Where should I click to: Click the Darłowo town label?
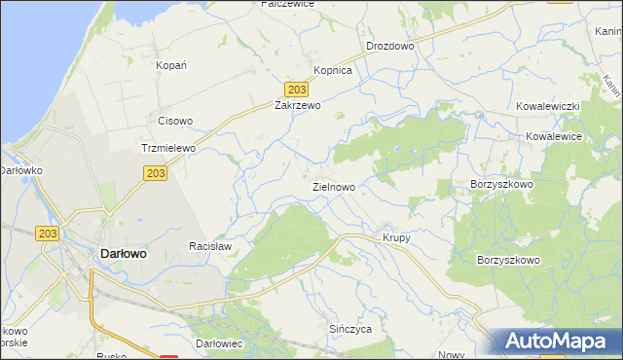click(x=124, y=253)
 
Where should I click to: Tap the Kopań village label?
click(x=171, y=65)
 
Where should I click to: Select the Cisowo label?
click(x=175, y=122)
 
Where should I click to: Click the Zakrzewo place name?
click(x=297, y=104)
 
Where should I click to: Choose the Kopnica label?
click(x=332, y=71)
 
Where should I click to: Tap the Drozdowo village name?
click(x=390, y=46)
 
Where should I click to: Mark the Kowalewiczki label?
click(x=548, y=104)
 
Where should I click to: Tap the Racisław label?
click(x=209, y=247)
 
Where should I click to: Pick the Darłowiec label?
click(x=218, y=344)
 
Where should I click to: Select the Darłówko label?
click(x=18, y=170)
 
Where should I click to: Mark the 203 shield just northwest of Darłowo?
click(x=49, y=234)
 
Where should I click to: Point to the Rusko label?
click(x=112, y=356)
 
